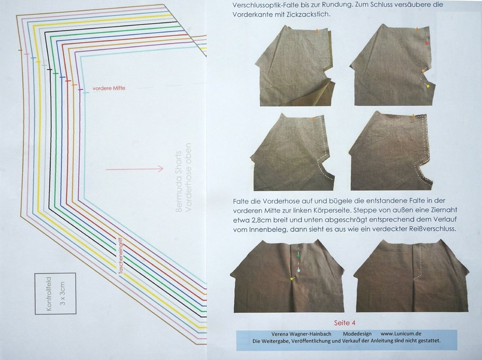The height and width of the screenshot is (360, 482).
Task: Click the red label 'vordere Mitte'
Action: [109, 88]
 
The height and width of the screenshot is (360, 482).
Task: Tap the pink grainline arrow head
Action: [161, 168]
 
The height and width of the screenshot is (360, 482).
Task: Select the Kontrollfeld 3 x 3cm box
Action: [55, 293]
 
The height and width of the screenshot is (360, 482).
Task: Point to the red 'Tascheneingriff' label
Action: [121, 256]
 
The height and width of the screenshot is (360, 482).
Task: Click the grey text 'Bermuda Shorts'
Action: [179, 182]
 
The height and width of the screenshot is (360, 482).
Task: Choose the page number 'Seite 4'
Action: [345, 323]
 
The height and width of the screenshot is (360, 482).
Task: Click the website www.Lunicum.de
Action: [401, 333]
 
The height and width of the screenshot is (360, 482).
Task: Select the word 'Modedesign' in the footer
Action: [357, 334]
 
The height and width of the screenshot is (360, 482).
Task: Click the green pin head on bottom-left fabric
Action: [297, 256]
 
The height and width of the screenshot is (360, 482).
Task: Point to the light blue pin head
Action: [298, 270]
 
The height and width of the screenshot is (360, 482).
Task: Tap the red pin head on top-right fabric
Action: [427, 43]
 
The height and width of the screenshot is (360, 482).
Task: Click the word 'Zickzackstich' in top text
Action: [311, 14]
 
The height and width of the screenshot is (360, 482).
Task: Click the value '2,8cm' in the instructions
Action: [254, 220]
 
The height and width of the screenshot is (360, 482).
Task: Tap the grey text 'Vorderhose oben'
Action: [188, 177]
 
